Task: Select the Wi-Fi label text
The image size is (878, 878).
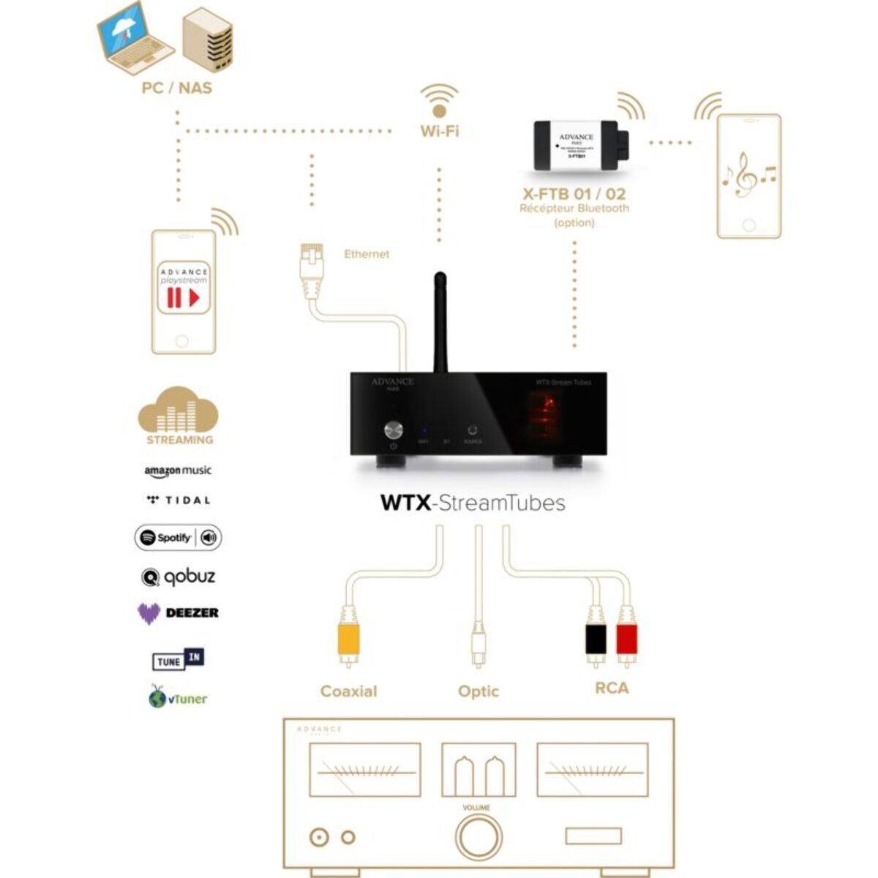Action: [x=440, y=132]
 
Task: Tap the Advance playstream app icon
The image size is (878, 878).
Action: [x=183, y=288]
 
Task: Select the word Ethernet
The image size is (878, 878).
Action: [x=367, y=254]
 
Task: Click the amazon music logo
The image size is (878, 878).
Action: [x=178, y=471]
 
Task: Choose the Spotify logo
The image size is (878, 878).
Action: [x=178, y=538]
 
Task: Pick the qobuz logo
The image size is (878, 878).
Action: [x=179, y=577]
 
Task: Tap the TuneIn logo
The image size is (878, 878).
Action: [x=178, y=660]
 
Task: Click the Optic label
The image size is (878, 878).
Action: [x=479, y=691]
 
